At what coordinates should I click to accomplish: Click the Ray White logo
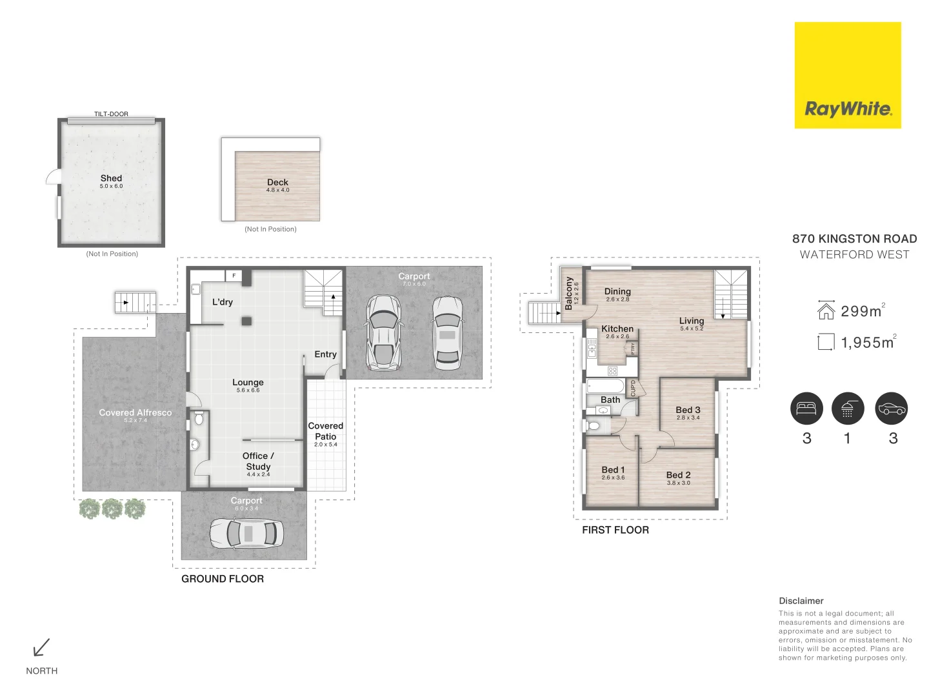[x=848, y=76]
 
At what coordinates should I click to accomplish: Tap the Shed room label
[x=111, y=178]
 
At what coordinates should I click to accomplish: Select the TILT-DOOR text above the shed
[x=111, y=114]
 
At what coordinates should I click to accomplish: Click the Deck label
[x=277, y=182]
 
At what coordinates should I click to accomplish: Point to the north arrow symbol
[x=42, y=647]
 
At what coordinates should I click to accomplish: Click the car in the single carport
[x=246, y=534]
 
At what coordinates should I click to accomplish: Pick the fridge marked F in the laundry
[x=234, y=276]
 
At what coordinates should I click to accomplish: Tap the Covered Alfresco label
[x=135, y=412]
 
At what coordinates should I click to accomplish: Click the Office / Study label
[x=258, y=461]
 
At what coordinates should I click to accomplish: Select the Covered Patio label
[x=326, y=431]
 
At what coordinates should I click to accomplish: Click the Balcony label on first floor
[x=568, y=294]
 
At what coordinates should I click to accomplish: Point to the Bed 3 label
[x=688, y=410]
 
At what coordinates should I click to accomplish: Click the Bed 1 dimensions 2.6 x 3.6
[x=613, y=478]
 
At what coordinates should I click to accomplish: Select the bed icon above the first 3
[x=806, y=409]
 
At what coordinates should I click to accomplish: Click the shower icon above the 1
[x=847, y=409]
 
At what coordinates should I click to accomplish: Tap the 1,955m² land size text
[x=867, y=343]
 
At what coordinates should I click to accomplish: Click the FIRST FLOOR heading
[x=615, y=530]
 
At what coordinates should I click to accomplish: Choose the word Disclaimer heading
[x=801, y=600]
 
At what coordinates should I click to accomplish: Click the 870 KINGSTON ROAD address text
[x=854, y=239]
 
